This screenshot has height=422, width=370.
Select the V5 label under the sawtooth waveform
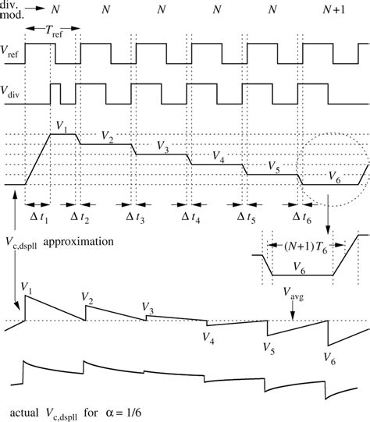point(269,346)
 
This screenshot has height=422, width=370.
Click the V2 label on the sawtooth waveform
point(87,297)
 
